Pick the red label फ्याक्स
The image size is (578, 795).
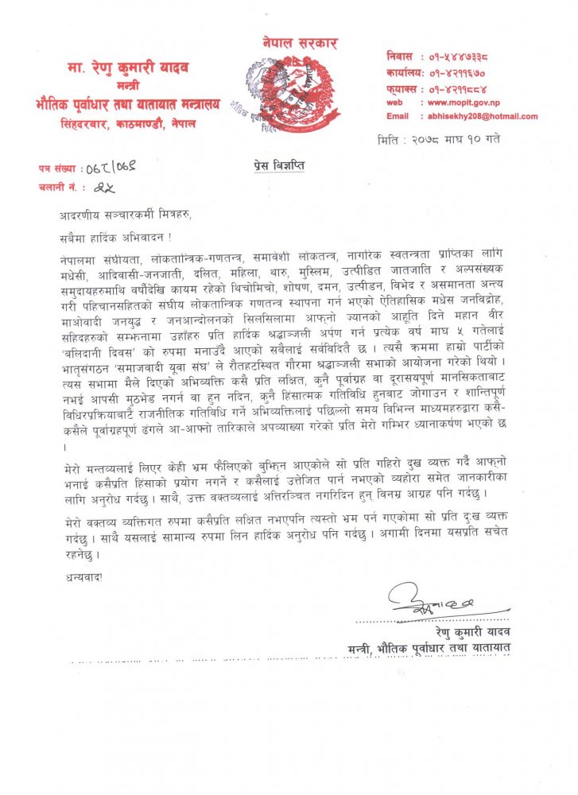(402, 87)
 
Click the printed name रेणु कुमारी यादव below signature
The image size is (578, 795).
(471, 632)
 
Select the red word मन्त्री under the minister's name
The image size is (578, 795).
(129, 85)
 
